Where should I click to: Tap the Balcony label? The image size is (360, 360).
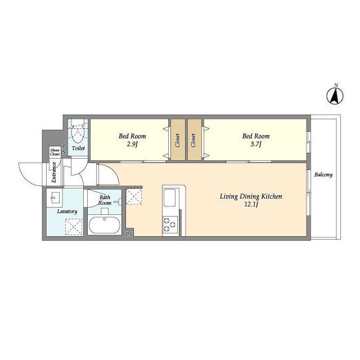click(x=323, y=175)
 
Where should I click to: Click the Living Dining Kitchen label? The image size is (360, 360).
click(x=251, y=196)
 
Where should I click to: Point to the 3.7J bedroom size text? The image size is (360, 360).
click(x=256, y=144)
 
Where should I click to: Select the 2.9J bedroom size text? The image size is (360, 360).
click(x=132, y=144)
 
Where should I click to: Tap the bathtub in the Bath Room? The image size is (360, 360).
click(x=105, y=225)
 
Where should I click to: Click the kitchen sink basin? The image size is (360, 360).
click(x=170, y=197)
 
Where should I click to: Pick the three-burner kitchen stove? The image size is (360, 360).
click(x=170, y=224)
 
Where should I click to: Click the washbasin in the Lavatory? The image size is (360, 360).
click(x=55, y=197)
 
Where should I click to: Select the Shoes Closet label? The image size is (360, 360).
click(x=55, y=152)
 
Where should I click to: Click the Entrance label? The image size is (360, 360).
click(x=54, y=172)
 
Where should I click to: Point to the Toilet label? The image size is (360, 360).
click(x=78, y=148)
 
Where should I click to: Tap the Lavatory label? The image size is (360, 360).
click(x=67, y=211)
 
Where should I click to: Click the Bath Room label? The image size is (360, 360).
click(x=105, y=200)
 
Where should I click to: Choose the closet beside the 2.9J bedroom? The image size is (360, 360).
click(x=178, y=139)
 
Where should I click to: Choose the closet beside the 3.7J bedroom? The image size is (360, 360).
click(x=195, y=139)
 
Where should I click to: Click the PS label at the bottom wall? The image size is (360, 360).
click(x=129, y=234)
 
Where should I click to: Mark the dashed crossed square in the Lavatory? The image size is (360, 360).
click(x=74, y=227)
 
